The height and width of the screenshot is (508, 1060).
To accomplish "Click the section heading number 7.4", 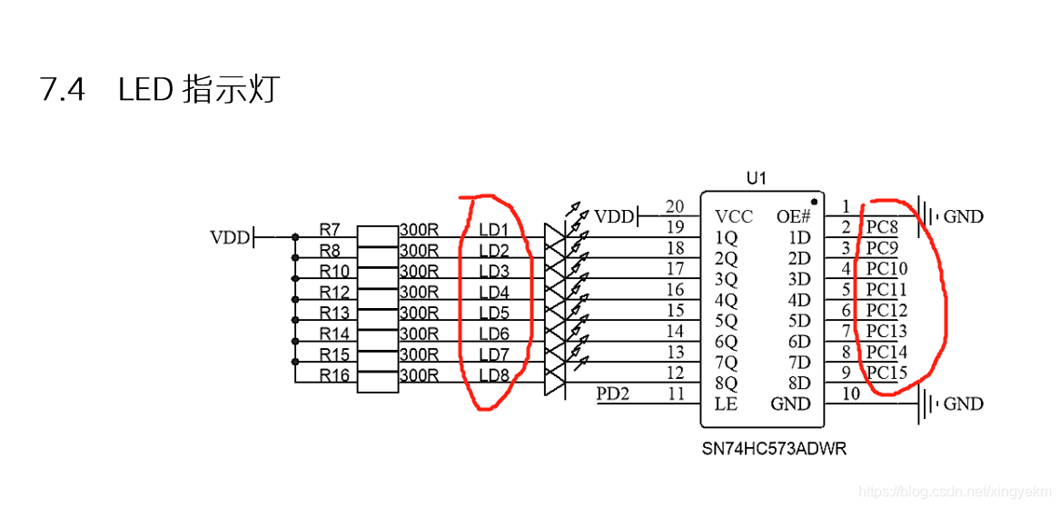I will coord(63,91).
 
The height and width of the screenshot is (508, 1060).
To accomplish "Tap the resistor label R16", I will coord(334,375).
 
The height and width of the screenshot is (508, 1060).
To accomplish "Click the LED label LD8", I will coord(494,375).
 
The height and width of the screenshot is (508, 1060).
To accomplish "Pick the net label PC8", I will coord(881,226).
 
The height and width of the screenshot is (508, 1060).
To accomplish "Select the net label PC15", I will coord(887,373).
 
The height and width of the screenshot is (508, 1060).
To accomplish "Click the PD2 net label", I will coord(612,394).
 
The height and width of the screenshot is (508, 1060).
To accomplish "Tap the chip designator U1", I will coord(756,179).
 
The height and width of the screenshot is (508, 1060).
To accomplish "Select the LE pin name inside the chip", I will coord(726,403).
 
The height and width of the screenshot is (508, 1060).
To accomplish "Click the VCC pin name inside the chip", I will coord(734,217).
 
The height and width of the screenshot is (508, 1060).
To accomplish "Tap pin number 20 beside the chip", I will coord(674,207).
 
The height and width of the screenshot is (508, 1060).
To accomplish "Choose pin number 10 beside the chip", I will coord(850,393).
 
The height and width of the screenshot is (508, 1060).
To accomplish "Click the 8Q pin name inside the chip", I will coord(726,383).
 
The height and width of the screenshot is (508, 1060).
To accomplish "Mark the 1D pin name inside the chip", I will coord(798,238).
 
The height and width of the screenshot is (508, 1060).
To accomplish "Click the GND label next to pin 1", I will coord(964,217).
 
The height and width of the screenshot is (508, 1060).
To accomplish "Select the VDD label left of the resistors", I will coord(230,238).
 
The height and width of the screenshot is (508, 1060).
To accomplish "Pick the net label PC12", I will coord(887,310).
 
